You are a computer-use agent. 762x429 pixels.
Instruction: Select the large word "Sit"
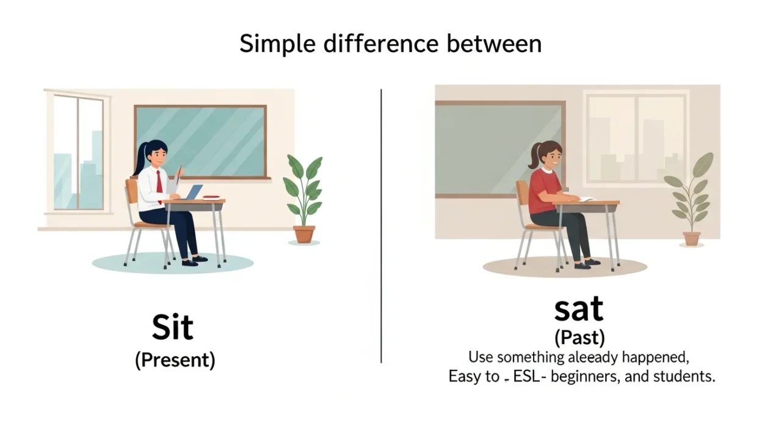173,328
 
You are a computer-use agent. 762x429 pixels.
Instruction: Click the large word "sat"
578,309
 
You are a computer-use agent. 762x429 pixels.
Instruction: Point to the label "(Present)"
175,360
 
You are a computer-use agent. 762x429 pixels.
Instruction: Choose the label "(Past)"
579,337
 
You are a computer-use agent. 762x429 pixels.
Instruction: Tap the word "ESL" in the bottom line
531,376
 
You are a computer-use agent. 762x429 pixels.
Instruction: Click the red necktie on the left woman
159,182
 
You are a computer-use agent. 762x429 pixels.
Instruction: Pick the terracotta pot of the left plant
303,234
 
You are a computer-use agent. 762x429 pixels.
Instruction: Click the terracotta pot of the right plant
691,238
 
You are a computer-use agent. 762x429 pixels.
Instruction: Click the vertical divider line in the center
381,226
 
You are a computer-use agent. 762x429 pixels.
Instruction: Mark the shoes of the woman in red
587,263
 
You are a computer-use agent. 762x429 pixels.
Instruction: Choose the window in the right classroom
635,137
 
